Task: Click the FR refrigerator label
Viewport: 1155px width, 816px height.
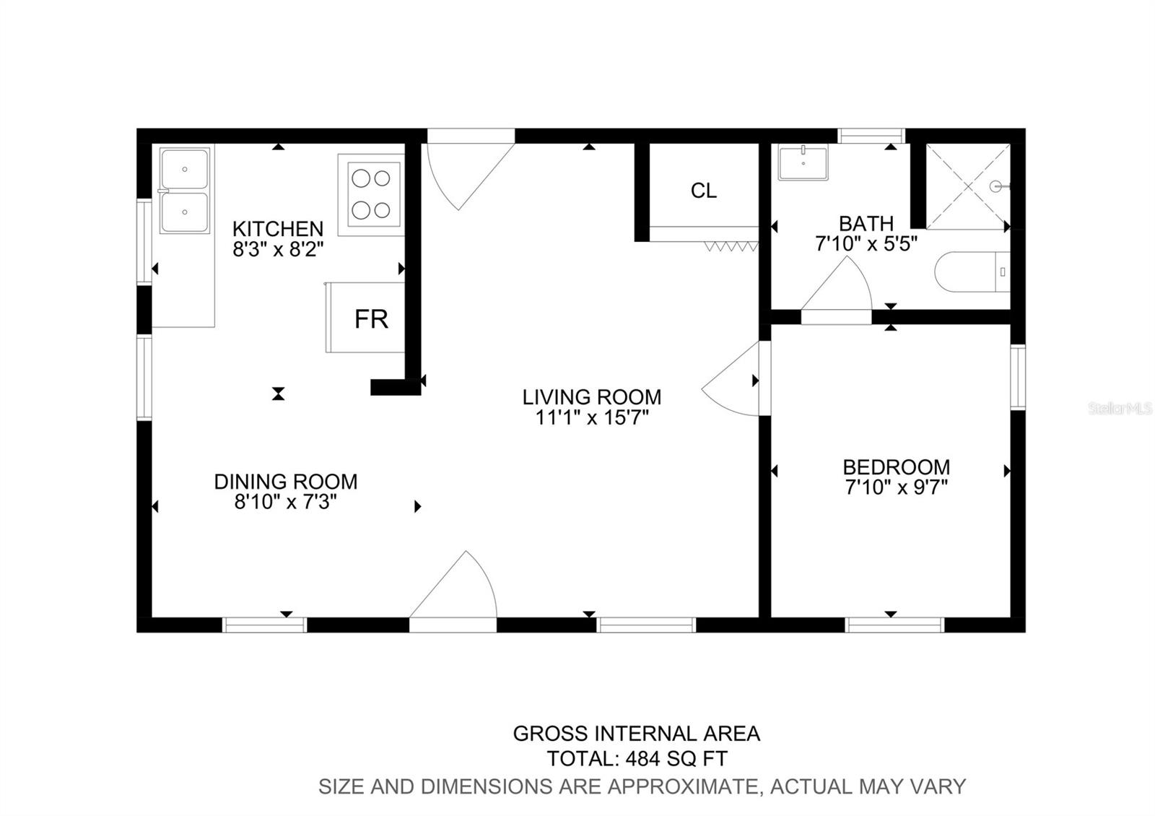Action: (371, 319)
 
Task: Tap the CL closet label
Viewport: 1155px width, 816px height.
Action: (703, 191)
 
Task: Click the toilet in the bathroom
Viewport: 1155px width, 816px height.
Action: (972, 272)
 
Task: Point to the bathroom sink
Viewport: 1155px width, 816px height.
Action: (803, 163)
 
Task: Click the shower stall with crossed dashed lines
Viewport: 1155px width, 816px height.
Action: (968, 186)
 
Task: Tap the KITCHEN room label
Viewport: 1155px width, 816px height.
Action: (278, 228)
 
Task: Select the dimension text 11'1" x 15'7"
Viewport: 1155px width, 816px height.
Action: (591, 417)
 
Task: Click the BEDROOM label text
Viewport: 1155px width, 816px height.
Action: (896, 466)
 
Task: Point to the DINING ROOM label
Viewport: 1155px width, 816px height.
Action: (286, 481)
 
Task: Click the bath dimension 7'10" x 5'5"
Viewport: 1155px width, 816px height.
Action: (866, 243)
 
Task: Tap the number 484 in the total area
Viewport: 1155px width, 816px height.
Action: (643, 759)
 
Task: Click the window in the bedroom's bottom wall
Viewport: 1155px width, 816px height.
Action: (894, 625)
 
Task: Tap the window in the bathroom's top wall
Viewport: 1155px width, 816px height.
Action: (871, 136)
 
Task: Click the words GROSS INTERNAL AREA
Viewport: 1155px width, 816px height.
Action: (636, 734)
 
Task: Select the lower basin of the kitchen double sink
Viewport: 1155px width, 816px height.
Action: (185, 212)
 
